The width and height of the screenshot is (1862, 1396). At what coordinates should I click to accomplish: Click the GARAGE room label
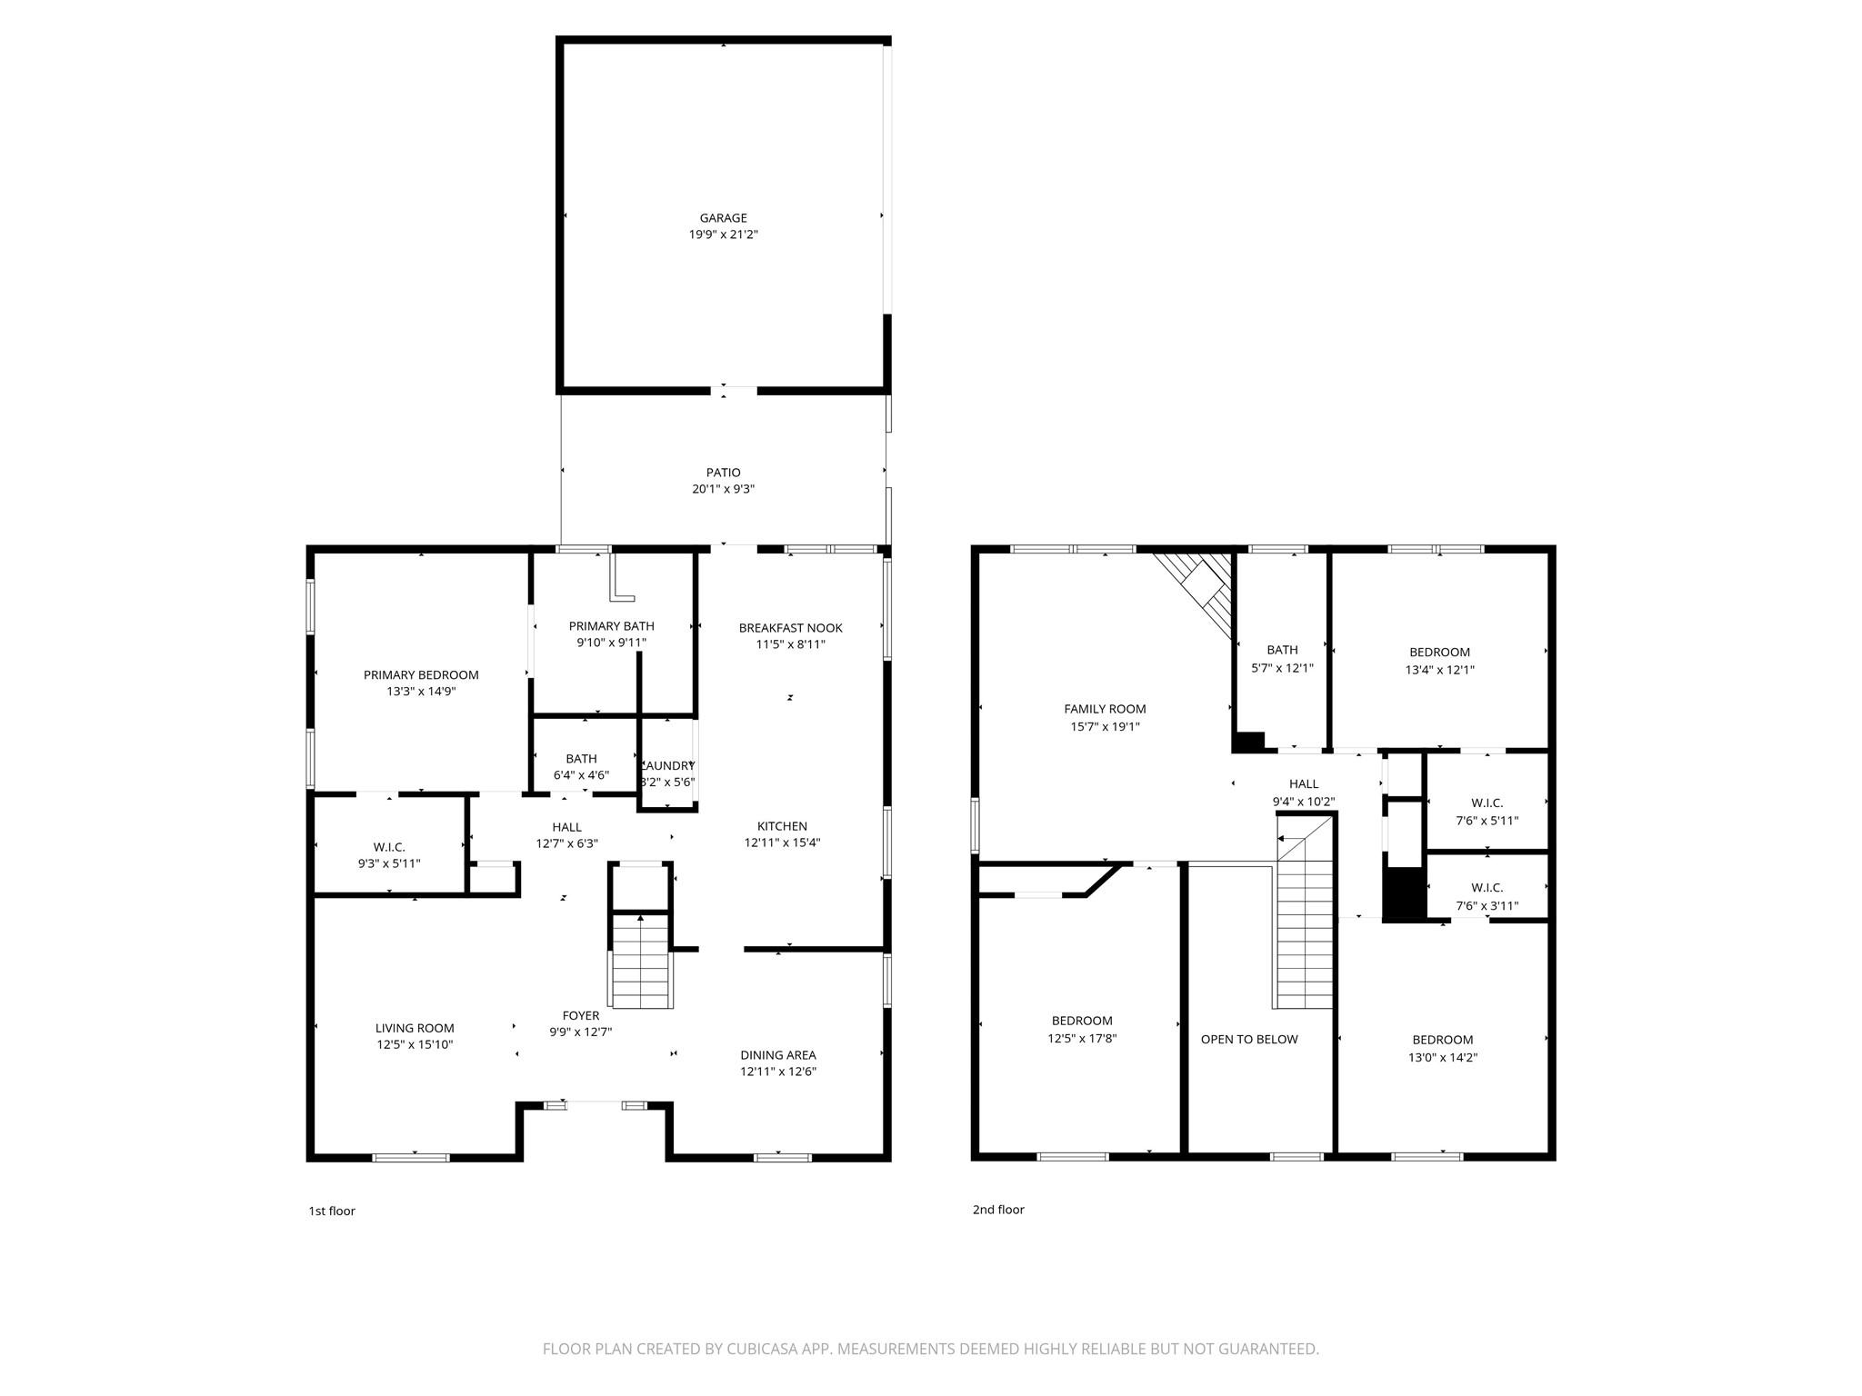[723, 218]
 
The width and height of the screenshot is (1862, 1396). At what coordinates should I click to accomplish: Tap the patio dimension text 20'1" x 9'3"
[723, 489]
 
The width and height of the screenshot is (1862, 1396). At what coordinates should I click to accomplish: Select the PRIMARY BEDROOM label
[421, 674]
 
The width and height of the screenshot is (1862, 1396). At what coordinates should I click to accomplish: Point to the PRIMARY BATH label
[611, 626]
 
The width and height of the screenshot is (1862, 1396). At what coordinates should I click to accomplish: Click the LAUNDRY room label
[669, 766]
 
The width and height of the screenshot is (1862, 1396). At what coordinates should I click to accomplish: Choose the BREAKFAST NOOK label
[790, 628]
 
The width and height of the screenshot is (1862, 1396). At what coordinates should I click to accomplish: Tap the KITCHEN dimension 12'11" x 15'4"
[782, 843]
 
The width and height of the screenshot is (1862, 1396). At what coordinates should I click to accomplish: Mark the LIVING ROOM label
[415, 1028]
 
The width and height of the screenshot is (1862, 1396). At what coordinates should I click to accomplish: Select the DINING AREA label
[777, 1055]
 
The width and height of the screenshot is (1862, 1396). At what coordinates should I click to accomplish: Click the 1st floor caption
[332, 1211]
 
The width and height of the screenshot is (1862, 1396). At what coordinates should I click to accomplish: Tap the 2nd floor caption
[998, 1210]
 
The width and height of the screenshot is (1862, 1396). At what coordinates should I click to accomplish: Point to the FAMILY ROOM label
[1105, 709]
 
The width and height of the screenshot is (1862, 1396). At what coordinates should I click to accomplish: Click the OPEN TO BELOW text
[1249, 1039]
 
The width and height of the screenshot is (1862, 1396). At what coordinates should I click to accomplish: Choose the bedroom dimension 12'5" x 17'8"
[1082, 1038]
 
